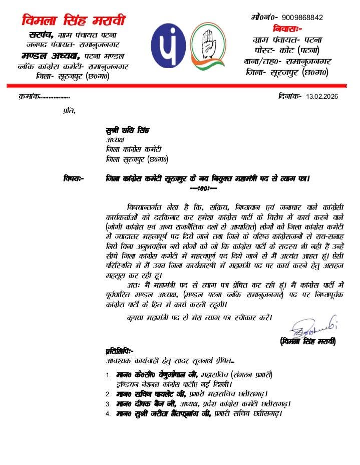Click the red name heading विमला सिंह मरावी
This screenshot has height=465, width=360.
pos(74,21)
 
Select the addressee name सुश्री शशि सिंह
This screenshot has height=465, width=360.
pos(129,131)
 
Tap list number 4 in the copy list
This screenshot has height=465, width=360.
pos(108,414)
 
